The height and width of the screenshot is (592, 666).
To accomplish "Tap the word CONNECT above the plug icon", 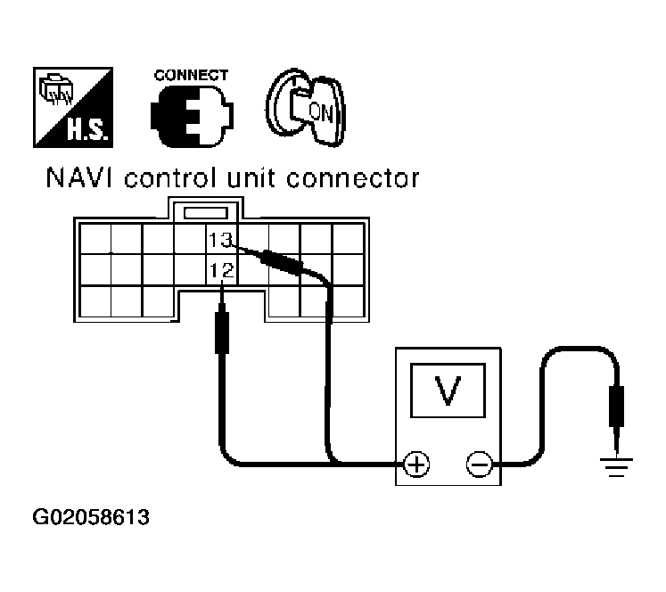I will pos(191,75).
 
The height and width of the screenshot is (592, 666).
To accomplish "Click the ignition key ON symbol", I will pos(307,109).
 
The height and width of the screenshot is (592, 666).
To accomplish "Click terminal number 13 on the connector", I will pos(220,238).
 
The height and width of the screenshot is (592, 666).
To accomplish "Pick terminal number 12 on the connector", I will pos(221,268).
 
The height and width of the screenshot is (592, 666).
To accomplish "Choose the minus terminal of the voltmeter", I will pos(479,464).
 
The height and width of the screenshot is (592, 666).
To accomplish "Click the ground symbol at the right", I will pos(613,465).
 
